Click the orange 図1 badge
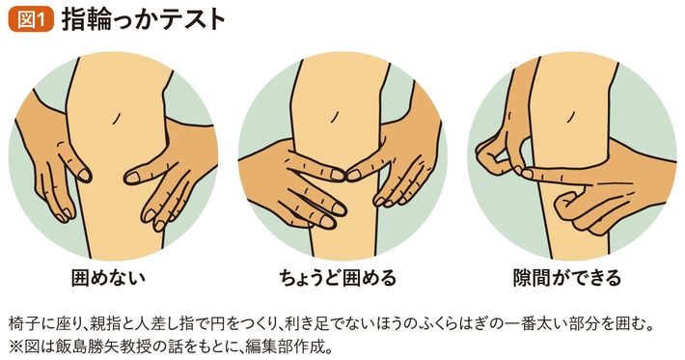tap(31, 19)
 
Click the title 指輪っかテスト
tap(144, 19)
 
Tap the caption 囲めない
tap(108, 278)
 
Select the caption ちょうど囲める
tap(338, 278)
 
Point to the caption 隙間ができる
tap(567, 278)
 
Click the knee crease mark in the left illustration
tap(116, 118)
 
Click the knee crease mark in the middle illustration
tap(335, 116)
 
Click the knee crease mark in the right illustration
tap(570, 116)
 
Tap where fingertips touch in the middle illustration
tap(345, 176)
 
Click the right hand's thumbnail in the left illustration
tap(133, 178)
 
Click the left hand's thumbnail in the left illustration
tap(83, 175)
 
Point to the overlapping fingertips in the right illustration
tap(523, 172)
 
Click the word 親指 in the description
tap(101, 325)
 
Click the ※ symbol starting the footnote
tap(15, 346)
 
